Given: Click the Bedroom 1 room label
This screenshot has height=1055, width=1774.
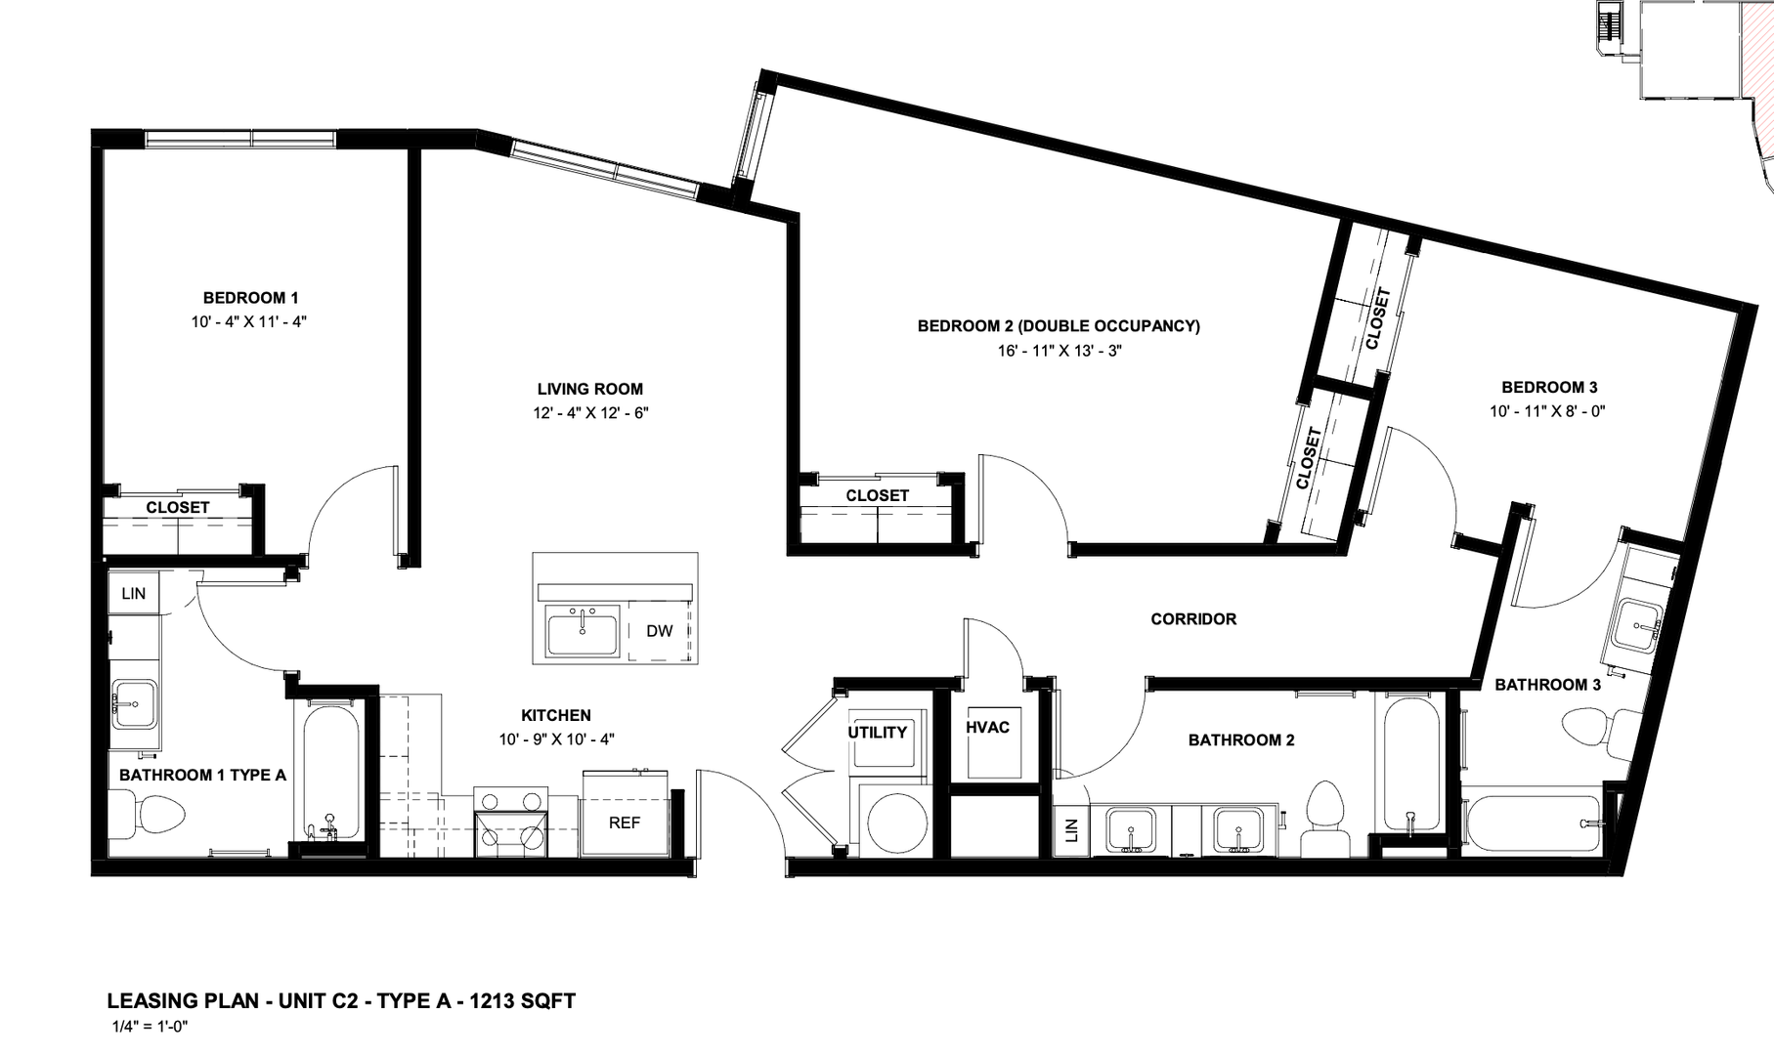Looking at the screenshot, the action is point(250,298).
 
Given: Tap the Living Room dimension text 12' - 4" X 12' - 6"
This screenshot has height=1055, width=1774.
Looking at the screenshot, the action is point(590,412).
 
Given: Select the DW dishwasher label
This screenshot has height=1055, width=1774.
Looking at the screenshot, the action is point(660,631).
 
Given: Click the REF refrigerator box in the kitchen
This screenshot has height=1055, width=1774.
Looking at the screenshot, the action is point(626,814).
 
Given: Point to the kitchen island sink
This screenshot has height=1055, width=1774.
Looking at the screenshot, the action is point(583,631).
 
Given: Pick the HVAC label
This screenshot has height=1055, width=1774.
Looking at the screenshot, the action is point(987,727).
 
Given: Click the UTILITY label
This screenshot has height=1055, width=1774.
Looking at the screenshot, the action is point(877,733).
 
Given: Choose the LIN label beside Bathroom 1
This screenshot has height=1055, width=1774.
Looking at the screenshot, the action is point(134,593).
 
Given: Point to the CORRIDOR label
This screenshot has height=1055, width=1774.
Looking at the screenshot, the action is point(1193,618).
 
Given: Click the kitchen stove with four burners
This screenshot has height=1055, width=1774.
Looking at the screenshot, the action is point(510,822).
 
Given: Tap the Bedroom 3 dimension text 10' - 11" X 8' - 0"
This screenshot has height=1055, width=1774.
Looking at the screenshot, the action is point(1548,411).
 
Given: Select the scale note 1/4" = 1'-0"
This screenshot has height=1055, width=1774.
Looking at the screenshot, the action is point(150,1027).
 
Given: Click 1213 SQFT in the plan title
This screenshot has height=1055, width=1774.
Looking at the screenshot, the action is point(523,1001).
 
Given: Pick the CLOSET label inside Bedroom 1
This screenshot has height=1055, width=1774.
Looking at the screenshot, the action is point(178,507).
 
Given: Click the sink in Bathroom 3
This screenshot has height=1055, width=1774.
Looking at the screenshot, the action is point(1637,624).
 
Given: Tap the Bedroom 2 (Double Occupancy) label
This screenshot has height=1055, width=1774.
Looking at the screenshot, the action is point(1059,326).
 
